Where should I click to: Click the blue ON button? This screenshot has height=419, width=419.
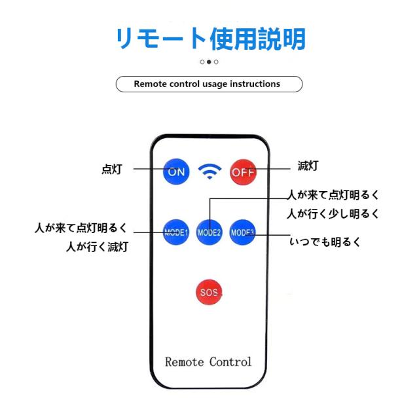pyautogui.click(x=176, y=172)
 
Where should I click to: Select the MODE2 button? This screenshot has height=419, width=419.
pyautogui.click(x=209, y=232)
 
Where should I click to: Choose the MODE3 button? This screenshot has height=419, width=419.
pyautogui.click(x=242, y=232)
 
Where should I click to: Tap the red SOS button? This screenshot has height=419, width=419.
pyautogui.click(x=209, y=291)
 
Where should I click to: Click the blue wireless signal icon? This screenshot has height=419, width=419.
pyautogui.click(x=209, y=172)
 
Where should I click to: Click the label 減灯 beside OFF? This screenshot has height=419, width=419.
pyautogui.click(x=308, y=166)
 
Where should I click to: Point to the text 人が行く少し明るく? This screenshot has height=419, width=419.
pyautogui.click(x=334, y=213)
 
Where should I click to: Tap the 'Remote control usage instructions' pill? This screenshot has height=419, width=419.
pyautogui.click(x=209, y=84)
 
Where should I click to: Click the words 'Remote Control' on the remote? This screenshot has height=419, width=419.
pyautogui.click(x=208, y=361)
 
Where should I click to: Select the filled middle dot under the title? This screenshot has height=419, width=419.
pyautogui.click(x=209, y=62)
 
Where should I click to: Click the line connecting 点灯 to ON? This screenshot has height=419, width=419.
pyautogui.click(x=149, y=168)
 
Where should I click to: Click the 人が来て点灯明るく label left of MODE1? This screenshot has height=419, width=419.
pyautogui.click(x=81, y=228)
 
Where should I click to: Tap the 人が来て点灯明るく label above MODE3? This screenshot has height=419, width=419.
pyautogui.click(x=334, y=194)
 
